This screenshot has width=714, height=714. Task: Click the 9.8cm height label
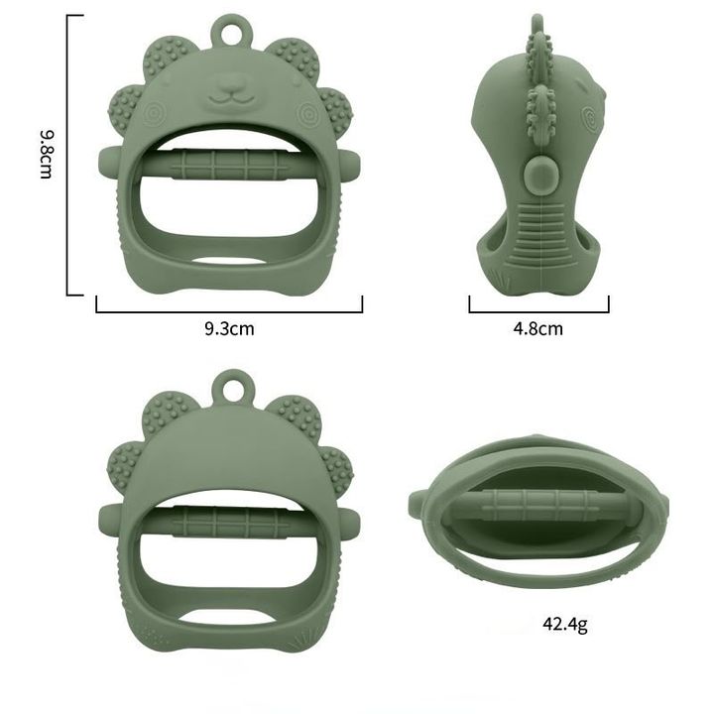pyautogui.click(x=46, y=155)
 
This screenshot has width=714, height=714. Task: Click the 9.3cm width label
pyautogui.click(x=229, y=328)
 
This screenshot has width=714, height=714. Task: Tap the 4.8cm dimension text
pyautogui.click(x=538, y=328)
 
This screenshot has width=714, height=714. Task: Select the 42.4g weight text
pyautogui.click(x=565, y=624)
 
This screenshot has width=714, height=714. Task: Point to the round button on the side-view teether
pyautogui.click(x=540, y=175)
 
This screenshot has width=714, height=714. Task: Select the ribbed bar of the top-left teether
pyautogui.click(x=230, y=164)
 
